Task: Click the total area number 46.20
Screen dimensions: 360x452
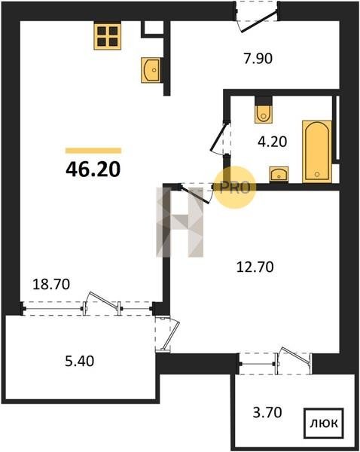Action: (x=93, y=169)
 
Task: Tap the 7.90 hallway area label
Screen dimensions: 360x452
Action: (x=258, y=59)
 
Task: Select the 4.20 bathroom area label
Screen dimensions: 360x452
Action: (x=273, y=142)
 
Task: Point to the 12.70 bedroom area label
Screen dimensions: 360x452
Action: (x=255, y=267)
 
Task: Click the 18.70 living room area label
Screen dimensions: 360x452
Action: (x=51, y=284)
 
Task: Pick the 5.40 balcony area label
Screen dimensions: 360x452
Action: (x=80, y=361)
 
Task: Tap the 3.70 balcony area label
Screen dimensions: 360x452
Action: (x=267, y=413)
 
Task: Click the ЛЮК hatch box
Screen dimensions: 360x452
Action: (x=324, y=423)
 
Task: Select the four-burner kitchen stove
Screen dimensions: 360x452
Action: (x=107, y=36)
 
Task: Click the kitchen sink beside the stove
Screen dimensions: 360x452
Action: (x=151, y=70)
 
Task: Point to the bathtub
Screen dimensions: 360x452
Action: (x=317, y=151)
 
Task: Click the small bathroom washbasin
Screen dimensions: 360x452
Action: (x=279, y=175)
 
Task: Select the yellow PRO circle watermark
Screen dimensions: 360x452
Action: (x=235, y=188)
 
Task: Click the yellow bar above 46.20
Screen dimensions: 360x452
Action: (x=93, y=150)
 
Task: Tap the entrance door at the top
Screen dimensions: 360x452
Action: (x=257, y=17)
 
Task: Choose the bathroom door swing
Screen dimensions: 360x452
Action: (x=221, y=138)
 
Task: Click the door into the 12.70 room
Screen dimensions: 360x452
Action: (x=197, y=194)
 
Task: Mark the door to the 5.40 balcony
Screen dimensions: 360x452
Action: (x=167, y=334)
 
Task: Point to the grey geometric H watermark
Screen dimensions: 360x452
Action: (x=180, y=222)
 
